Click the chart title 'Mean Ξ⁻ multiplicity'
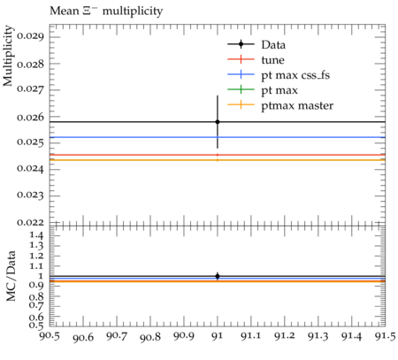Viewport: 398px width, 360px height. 106,11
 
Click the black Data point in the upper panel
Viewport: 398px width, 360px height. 218,122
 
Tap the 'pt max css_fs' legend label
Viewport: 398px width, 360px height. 295,75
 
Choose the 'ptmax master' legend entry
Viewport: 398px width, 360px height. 297,105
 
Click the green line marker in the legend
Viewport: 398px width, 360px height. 241,89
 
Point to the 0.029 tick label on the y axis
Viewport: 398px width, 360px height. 30,36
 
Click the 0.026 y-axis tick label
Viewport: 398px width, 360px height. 30,118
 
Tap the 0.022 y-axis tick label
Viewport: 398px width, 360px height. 30,222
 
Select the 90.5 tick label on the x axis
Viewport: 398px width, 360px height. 50,336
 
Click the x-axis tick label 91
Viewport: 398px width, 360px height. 218,336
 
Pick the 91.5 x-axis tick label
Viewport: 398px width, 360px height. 385,336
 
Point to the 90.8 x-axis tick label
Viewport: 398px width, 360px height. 150,336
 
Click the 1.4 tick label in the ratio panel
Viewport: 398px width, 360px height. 36,235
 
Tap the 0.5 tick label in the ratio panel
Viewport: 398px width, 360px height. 36,326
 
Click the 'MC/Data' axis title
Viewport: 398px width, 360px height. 11,276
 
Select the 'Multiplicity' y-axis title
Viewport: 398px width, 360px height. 9,56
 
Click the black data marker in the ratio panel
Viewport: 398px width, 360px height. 218,276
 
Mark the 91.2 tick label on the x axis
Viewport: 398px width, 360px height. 285,336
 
